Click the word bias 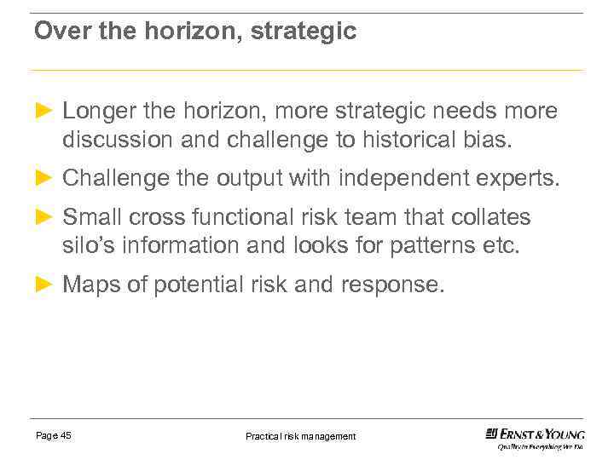coord(490,139)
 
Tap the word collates coord(496,218)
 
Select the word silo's coord(88,245)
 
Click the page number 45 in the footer coord(66,435)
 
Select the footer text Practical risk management coord(300,436)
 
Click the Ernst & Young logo coord(535,437)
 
